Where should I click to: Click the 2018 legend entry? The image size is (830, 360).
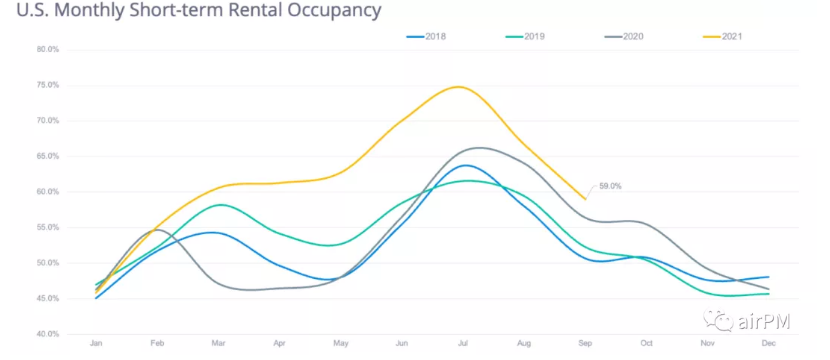pos(426,37)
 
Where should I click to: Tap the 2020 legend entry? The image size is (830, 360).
pos(624,37)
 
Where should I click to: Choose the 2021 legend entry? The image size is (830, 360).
pos(723,37)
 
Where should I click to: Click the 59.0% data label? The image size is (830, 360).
pos(610,186)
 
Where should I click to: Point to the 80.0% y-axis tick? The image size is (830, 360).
pos(48,50)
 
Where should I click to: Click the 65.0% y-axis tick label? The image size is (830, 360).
pos(48,157)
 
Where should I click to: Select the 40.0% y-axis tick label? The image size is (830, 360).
pos(48,334)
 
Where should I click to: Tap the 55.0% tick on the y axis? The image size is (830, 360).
pos(48,228)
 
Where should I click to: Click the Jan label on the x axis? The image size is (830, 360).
pos(96,344)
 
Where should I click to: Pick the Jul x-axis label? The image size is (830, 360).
pos(463,344)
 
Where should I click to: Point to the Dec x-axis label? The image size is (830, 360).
pos(769,344)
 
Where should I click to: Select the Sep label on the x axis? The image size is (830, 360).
pos(585,344)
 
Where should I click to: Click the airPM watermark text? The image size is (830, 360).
pos(762,321)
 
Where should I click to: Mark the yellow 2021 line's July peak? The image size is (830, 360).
pos(458,87)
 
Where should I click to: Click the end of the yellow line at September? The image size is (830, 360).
pos(585,199)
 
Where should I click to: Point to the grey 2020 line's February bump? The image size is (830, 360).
pos(157,230)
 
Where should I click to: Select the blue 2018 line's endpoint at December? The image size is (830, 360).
pos(769,277)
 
